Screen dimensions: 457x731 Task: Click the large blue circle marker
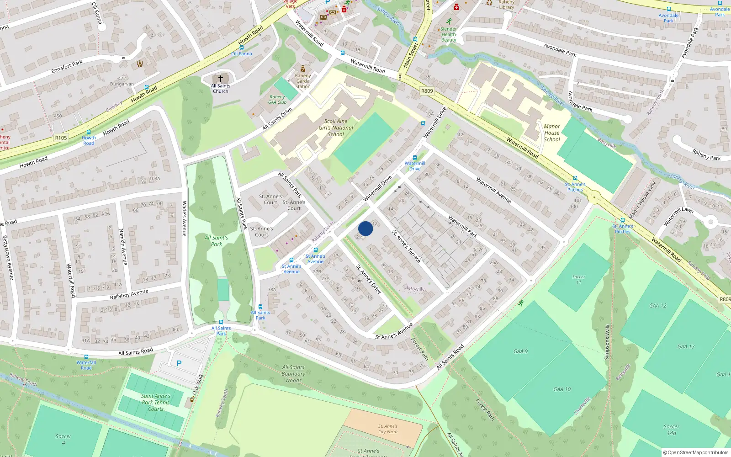365,228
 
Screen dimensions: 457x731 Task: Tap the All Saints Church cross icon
221,79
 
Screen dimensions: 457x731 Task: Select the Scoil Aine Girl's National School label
336,128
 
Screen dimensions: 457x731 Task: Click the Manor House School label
552,133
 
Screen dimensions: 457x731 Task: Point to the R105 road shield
61,138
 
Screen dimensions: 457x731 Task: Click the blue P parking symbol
179,363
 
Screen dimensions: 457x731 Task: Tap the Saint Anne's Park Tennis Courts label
155,403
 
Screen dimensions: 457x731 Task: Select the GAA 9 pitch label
520,351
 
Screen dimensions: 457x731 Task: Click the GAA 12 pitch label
657,306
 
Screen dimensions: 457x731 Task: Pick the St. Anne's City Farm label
387,429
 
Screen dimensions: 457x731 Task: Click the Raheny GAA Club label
277,100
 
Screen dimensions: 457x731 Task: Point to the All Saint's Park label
216,241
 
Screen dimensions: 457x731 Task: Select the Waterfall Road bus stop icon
86,357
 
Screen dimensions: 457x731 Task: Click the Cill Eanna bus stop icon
241,48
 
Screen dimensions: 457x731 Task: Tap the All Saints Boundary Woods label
293,373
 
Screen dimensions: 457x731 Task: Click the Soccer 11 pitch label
578,279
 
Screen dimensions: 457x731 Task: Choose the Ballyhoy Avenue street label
129,294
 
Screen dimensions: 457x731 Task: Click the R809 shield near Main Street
427,91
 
